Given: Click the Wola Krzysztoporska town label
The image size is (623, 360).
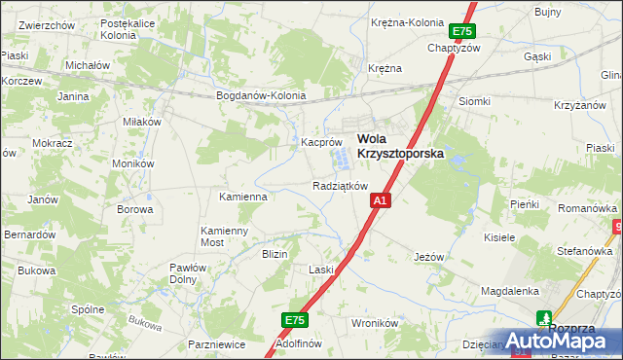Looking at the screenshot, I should (399, 146).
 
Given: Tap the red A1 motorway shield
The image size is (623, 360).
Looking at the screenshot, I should (381, 200).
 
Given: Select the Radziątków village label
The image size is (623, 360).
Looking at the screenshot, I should (340, 186).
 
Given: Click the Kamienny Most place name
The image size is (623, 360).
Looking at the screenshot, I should (225, 236).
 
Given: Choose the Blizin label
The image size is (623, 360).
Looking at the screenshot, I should (274, 254).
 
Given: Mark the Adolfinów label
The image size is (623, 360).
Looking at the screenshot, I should (299, 343).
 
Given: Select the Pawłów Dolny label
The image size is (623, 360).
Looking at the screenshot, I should (183, 273).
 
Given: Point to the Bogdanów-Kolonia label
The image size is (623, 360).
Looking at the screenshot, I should (261, 96).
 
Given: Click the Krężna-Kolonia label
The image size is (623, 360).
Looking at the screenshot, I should (407, 22).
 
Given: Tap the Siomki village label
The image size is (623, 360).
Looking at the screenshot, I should (474, 101).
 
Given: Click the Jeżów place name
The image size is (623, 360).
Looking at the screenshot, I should (428, 257).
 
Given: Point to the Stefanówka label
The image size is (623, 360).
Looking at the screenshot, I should (583, 251).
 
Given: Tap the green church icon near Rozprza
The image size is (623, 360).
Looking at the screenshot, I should (544, 317).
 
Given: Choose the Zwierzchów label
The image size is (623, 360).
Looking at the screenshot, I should (48, 25).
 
